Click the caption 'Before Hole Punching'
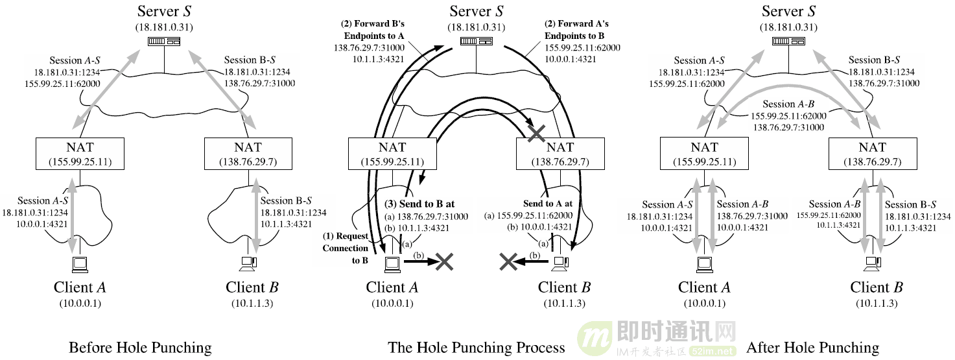(140, 348)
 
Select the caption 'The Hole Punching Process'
(477, 348)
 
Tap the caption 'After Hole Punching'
(812, 348)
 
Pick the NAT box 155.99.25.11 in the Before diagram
(80, 153)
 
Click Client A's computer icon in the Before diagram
(79, 263)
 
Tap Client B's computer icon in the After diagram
(873, 263)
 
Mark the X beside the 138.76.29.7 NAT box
(536, 134)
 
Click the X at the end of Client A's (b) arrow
(444, 261)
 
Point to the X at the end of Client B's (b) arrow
(508, 261)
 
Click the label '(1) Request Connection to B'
(346, 248)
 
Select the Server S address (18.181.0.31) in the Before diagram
(164, 27)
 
